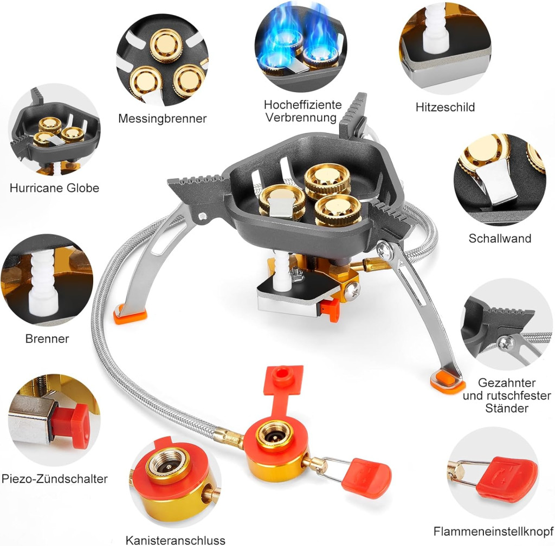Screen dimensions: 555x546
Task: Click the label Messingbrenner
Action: [x=162, y=118]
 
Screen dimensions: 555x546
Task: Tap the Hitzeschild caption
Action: [x=445, y=107]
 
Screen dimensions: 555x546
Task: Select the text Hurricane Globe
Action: [x=54, y=188]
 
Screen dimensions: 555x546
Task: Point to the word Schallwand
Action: [x=500, y=238]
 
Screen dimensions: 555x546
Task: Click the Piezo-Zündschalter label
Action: [x=55, y=479]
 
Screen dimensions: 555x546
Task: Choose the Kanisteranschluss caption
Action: [x=175, y=541]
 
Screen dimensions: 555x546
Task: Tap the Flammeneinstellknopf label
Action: [x=493, y=531]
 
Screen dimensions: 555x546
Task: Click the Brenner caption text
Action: [x=47, y=338]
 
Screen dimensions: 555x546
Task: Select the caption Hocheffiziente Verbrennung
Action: [x=302, y=111]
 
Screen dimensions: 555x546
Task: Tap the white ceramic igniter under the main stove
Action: [x=282, y=273]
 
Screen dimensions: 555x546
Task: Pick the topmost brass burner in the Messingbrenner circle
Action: [x=166, y=45]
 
